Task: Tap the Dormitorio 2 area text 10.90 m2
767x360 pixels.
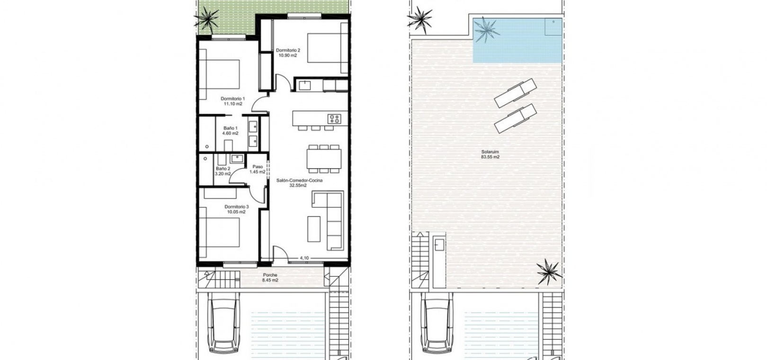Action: [288, 55]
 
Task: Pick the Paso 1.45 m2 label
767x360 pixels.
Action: [258, 169]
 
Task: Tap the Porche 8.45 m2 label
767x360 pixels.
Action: [270, 278]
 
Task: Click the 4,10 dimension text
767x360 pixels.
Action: [304, 258]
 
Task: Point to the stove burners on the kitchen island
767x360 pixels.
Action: [334, 119]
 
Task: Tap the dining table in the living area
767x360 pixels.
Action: [324, 159]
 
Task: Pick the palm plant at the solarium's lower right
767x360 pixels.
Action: [549, 271]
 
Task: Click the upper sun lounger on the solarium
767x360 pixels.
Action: [515, 93]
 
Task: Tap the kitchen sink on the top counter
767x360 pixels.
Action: [304, 85]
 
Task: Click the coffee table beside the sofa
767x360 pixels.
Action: [313, 229]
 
